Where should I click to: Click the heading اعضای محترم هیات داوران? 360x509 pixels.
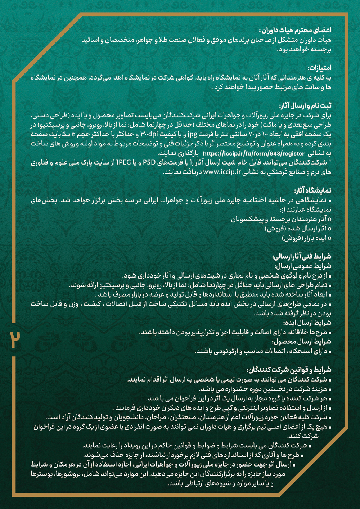[295, 30]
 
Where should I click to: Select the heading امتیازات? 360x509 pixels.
[319, 68]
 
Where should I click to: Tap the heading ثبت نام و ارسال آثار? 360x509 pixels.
[305, 106]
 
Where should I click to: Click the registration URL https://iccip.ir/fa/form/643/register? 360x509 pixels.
[253, 153]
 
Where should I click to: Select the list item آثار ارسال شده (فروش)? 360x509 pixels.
[295, 229]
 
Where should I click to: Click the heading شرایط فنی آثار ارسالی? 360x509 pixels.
[302, 257]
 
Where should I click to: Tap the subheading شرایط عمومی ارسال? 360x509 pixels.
[303, 266]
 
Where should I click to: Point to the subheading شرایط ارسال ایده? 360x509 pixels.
[307, 323]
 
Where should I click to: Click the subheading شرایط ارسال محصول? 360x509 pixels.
[301, 342]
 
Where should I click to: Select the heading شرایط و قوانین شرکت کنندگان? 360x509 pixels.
[289, 370]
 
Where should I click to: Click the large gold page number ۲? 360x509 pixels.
[15, 339]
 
